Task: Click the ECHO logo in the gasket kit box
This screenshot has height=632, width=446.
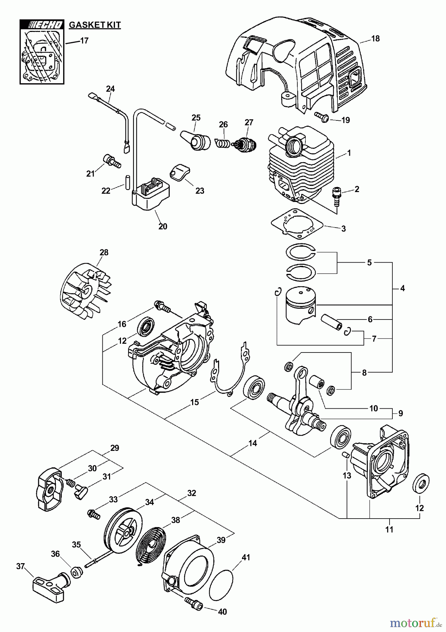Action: [x=42, y=25]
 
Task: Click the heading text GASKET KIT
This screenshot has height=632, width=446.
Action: [x=95, y=25]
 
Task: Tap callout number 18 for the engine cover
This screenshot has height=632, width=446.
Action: [x=375, y=39]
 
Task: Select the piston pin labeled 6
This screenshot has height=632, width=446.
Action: [x=331, y=322]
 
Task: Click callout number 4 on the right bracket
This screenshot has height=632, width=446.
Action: [x=402, y=288]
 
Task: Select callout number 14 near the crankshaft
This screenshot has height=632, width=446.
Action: [x=252, y=443]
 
